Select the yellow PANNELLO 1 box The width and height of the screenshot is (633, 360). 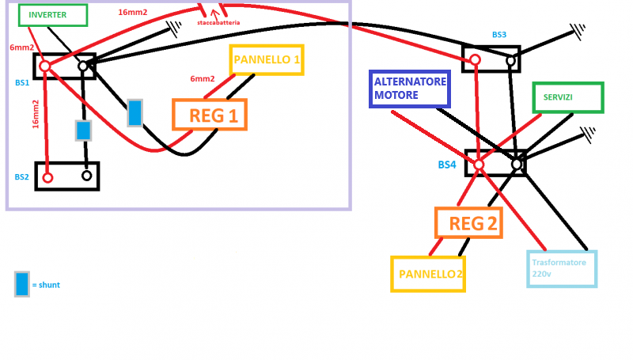[267, 59]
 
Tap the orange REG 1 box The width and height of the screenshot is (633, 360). [210, 115]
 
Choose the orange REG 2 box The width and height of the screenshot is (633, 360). [469, 223]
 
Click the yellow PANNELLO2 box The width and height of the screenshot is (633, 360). [427, 274]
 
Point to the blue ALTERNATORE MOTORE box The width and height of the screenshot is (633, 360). [410, 89]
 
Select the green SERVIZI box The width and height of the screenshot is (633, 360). [567, 97]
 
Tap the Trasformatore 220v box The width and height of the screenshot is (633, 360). [562, 269]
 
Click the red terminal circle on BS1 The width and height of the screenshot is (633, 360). [45, 66]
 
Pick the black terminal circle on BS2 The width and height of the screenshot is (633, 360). [86, 176]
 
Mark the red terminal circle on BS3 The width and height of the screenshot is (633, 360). [476, 59]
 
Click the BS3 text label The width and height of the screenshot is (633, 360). [498, 35]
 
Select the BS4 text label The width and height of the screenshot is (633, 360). [447, 165]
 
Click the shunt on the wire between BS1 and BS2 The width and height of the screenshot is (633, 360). [83, 131]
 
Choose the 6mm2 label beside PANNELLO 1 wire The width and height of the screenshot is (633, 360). [203, 79]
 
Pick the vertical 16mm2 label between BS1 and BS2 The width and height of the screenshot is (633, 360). [36, 113]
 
